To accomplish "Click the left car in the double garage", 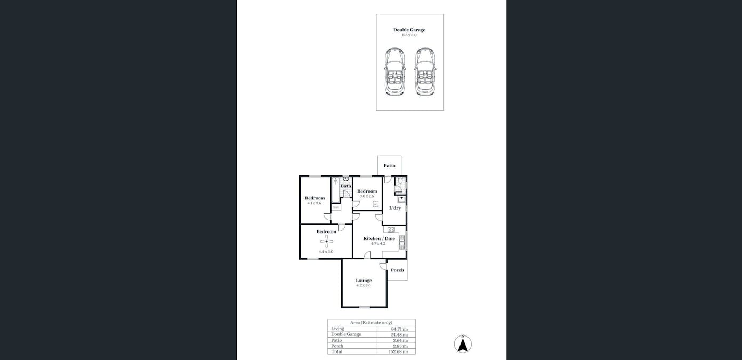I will click(394, 71).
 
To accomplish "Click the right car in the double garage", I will click(425, 71).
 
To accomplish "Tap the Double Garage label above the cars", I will click(409, 30).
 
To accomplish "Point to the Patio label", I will click(390, 166).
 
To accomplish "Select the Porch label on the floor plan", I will click(397, 270).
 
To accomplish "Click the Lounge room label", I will click(364, 281).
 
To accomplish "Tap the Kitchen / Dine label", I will click(379, 238).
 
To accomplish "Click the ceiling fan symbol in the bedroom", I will click(326, 242).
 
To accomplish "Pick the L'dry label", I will click(395, 208).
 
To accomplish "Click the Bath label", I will click(346, 186).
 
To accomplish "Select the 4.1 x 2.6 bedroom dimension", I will click(314, 203).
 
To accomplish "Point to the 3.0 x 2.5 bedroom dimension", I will click(367, 196).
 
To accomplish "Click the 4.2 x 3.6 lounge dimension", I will click(364, 286).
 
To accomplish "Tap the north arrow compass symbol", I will click(463, 344).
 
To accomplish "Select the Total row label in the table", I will click(337, 351).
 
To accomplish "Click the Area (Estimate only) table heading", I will click(371, 323).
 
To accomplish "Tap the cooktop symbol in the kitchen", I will click(390, 230).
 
